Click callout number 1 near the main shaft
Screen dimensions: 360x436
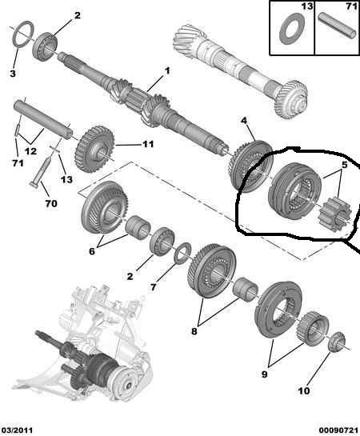tap(167, 71)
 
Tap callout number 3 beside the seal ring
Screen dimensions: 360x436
tap(13, 74)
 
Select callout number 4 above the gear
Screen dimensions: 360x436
tap(243, 121)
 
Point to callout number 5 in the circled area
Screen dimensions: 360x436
tap(345, 165)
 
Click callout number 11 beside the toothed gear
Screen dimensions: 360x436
tap(148, 144)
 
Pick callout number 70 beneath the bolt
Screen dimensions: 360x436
tap(51, 203)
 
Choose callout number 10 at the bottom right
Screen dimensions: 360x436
tap(304, 390)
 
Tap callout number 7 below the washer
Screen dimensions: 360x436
tap(154, 287)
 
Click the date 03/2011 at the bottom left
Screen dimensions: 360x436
tap(17, 430)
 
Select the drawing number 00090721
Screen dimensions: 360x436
tap(338, 430)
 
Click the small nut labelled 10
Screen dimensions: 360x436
tap(337, 342)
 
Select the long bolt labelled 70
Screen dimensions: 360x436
tap(41, 171)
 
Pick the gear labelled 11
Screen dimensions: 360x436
tap(94, 149)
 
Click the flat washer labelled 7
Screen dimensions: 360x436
tap(182, 252)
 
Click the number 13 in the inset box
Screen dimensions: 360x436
tap(306, 6)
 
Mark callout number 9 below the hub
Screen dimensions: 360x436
tap(265, 374)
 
